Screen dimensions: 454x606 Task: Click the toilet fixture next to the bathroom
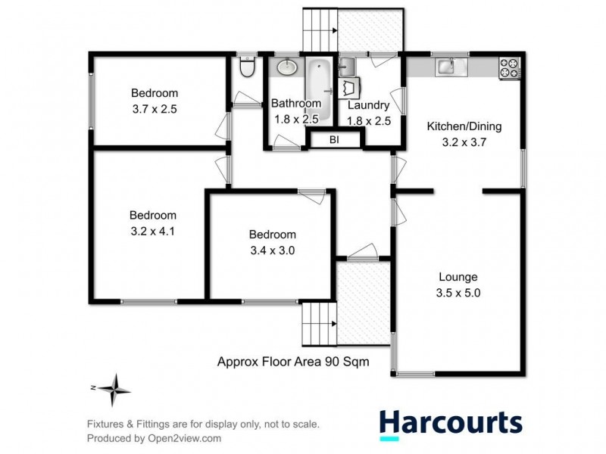click(x=245, y=69)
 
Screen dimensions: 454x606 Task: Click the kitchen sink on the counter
click(x=445, y=67)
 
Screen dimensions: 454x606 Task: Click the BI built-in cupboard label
click(x=334, y=139)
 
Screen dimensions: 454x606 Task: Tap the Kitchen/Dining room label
click(x=464, y=126)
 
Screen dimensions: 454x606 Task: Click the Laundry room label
click(x=368, y=105)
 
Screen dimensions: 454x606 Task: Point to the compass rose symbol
click(x=114, y=390)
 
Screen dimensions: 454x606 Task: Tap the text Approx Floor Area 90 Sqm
click(x=293, y=362)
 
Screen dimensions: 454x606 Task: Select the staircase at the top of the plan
click(x=319, y=29)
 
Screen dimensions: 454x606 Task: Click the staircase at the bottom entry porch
click(x=318, y=323)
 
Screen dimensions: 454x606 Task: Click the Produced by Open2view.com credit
click(x=154, y=438)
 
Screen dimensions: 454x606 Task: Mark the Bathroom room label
click(x=296, y=103)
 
